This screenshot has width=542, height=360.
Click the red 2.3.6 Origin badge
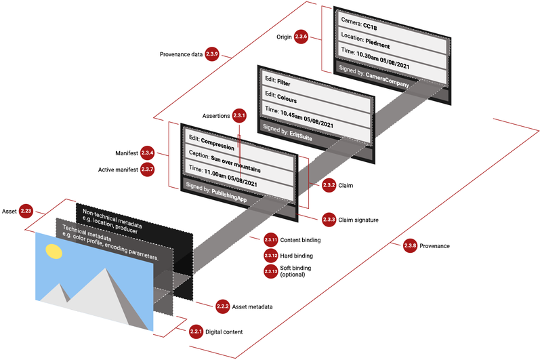(301, 38)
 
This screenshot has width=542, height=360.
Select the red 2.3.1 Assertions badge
(239, 116)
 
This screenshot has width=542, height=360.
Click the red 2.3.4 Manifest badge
(148, 153)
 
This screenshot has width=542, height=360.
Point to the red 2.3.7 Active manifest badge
(148, 168)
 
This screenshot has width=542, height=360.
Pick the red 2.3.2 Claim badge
(329, 184)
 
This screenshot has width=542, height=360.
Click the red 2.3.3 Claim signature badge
(329, 219)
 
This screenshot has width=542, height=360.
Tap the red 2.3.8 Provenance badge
(410, 245)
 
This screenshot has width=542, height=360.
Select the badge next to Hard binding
(271, 256)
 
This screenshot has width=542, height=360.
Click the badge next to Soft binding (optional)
(271, 271)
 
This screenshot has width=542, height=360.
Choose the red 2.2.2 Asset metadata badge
(222, 306)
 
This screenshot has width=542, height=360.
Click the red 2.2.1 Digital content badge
(196, 332)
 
